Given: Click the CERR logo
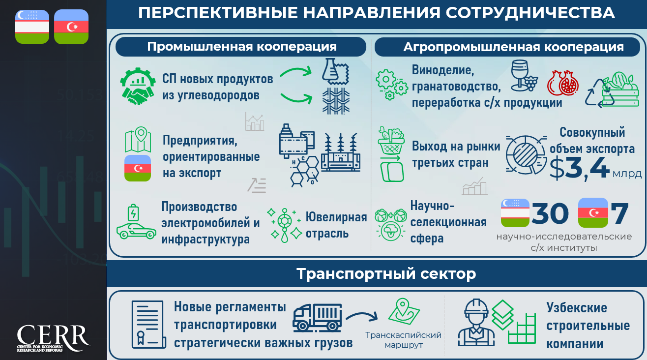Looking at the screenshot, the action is click(54, 338).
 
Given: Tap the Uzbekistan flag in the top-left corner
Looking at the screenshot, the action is click(32, 27).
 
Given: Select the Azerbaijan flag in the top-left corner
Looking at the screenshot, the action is click(71, 27).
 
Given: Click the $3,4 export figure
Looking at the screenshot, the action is click(580, 169).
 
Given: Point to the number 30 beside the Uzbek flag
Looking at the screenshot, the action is click(550, 213).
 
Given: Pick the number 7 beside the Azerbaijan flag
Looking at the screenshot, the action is click(620, 213).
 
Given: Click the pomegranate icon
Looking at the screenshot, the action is click(563, 83).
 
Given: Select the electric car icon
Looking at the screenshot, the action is click(136, 222).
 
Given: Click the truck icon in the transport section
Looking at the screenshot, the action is click(317, 318).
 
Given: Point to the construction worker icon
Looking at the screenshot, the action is click(476, 323).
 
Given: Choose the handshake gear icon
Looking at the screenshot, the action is click(138, 86).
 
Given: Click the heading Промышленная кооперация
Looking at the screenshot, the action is click(242, 47).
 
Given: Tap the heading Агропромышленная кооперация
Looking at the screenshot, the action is click(513, 47).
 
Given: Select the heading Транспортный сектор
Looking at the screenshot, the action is click(386, 273).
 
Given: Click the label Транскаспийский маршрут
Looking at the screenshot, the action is click(403, 340).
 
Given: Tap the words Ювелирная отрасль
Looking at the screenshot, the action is click(336, 225).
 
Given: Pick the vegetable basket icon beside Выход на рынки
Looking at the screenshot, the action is click(391, 141).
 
